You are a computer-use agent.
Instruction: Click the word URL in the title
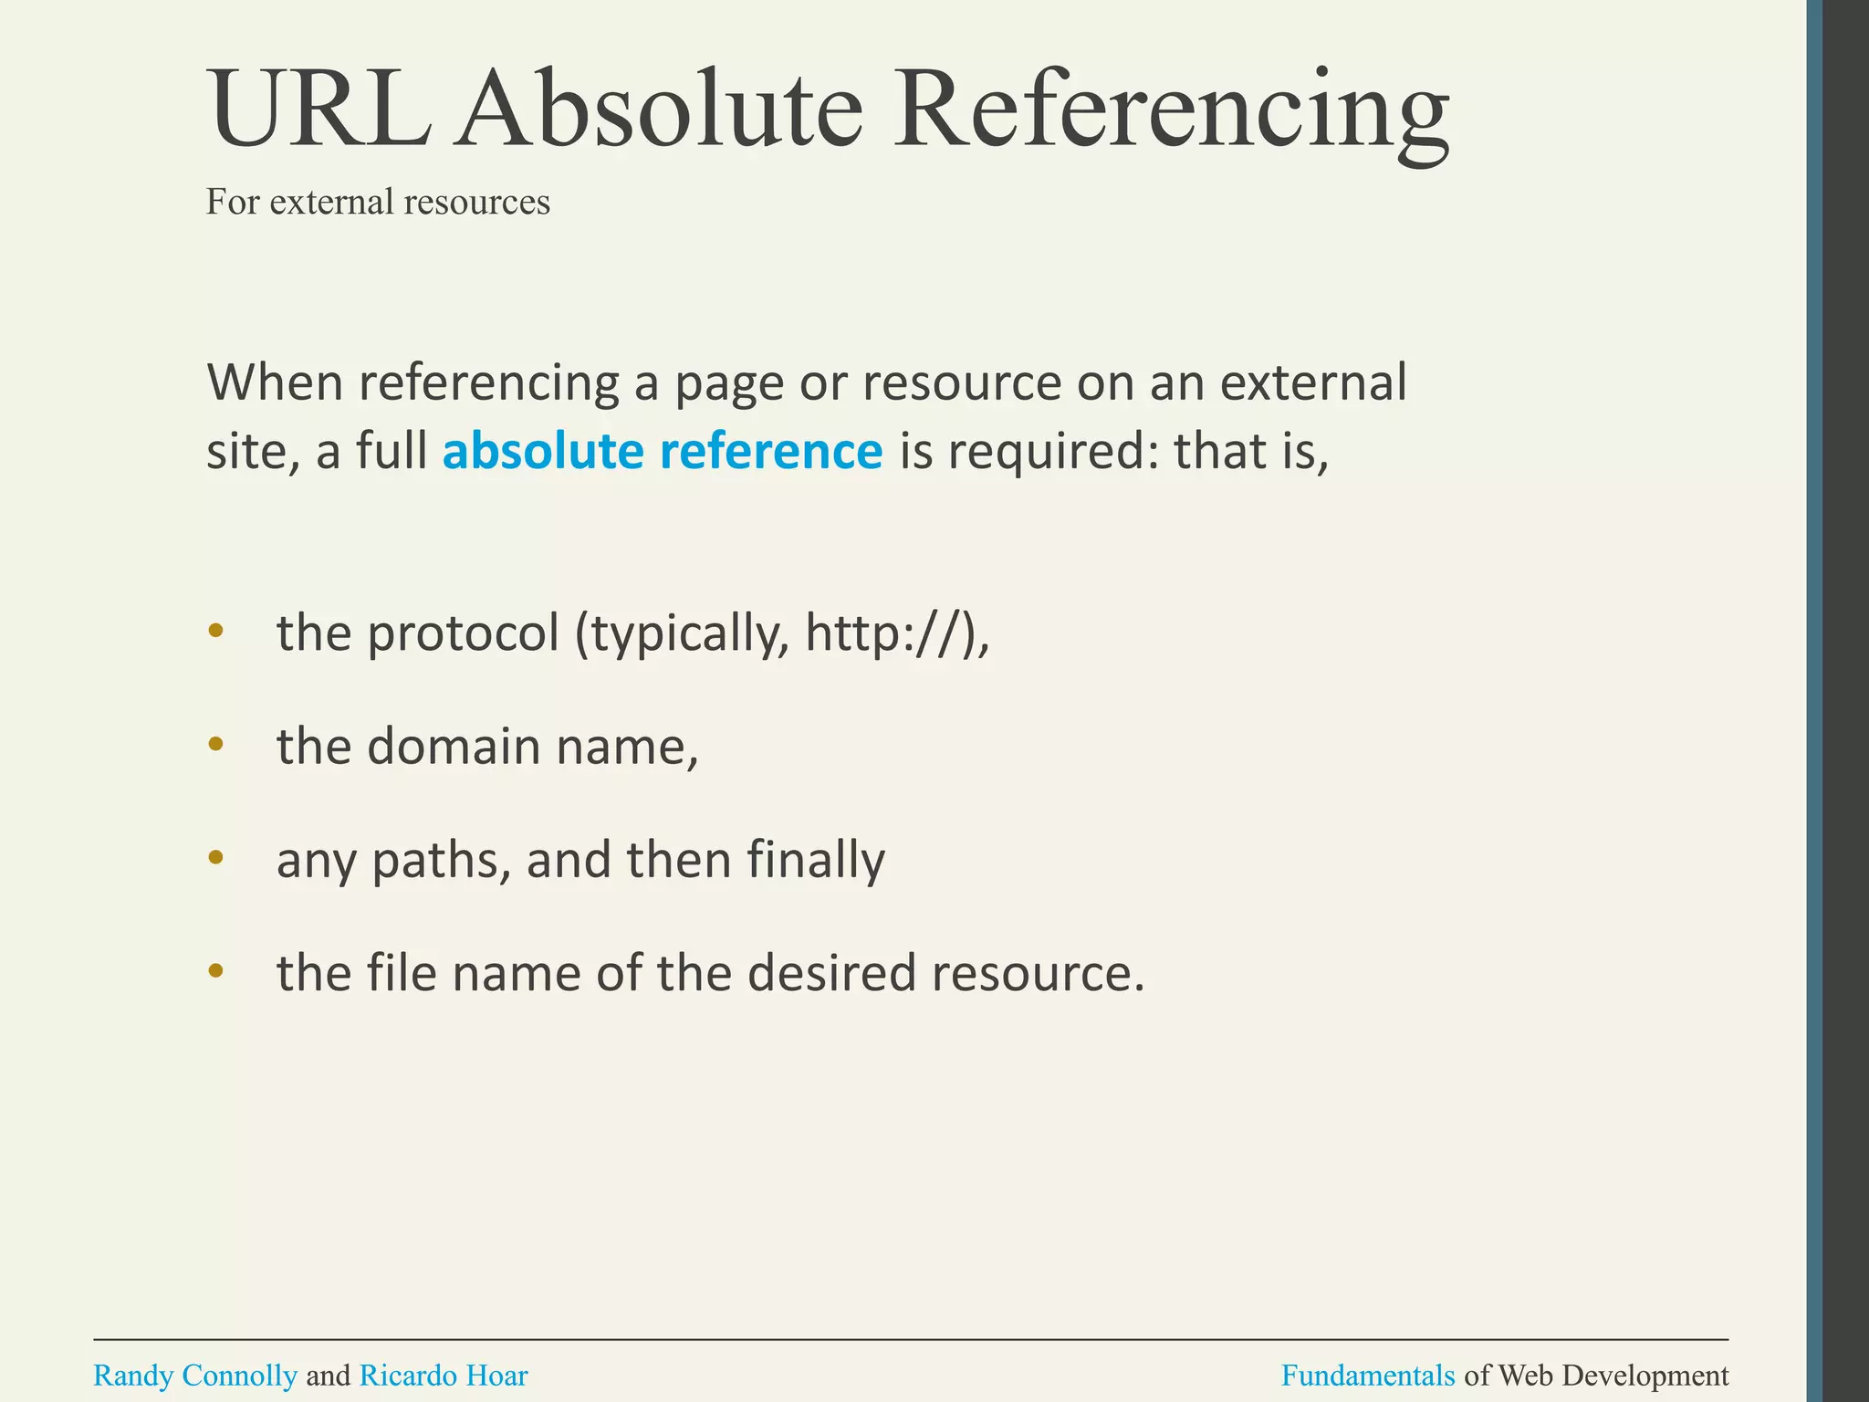click(x=319, y=109)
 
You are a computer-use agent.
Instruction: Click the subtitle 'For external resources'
click(x=378, y=202)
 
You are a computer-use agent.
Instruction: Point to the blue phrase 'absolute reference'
click(x=663, y=452)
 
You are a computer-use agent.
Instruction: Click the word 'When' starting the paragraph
click(x=274, y=382)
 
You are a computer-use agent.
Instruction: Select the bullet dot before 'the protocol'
click(x=215, y=630)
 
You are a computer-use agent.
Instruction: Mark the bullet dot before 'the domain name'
click(x=215, y=744)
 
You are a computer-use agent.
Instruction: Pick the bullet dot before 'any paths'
click(x=215, y=857)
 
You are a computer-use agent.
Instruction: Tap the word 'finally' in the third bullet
click(x=816, y=860)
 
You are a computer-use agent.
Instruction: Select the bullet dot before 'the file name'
click(x=215, y=970)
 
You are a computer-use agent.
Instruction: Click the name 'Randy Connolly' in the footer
click(x=195, y=1375)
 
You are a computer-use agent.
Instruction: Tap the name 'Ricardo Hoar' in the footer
click(x=444, y=1375)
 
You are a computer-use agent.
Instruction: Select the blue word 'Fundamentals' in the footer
click(x=1368, y=1375)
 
